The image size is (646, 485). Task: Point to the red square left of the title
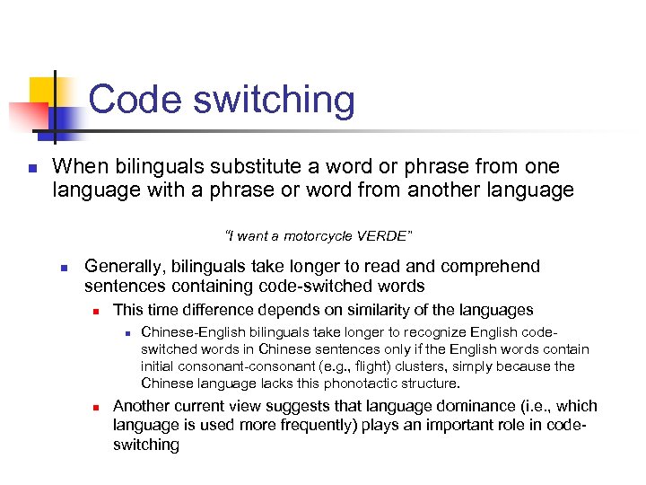click(27, 117)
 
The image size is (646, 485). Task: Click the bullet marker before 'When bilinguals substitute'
click(31, 168)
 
